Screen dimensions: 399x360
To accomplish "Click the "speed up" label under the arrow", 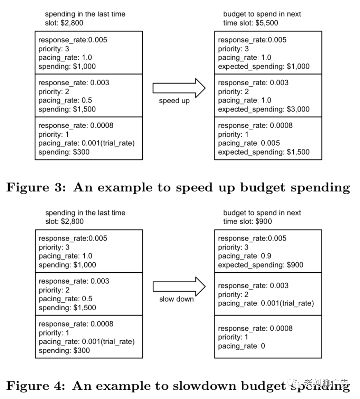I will pos(174,101).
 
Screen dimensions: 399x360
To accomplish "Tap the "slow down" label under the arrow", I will pos(176,299).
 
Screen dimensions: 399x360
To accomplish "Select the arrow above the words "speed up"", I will pos(179,88).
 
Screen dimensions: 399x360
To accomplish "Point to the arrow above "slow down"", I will pos(179,286).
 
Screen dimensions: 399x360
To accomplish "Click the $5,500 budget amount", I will pos(267,23).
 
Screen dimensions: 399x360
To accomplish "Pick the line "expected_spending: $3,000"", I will pos(264,109).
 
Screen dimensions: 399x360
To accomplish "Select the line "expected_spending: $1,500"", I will pos(264,152).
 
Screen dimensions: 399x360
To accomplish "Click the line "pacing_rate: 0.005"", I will pos(249,143).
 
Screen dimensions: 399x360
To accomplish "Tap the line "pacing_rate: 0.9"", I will pos(245,256).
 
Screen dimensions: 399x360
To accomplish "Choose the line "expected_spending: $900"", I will pos(260,265).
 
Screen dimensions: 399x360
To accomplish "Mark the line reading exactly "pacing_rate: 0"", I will pos(241,346).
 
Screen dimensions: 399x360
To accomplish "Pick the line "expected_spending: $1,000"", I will pos(264,66).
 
